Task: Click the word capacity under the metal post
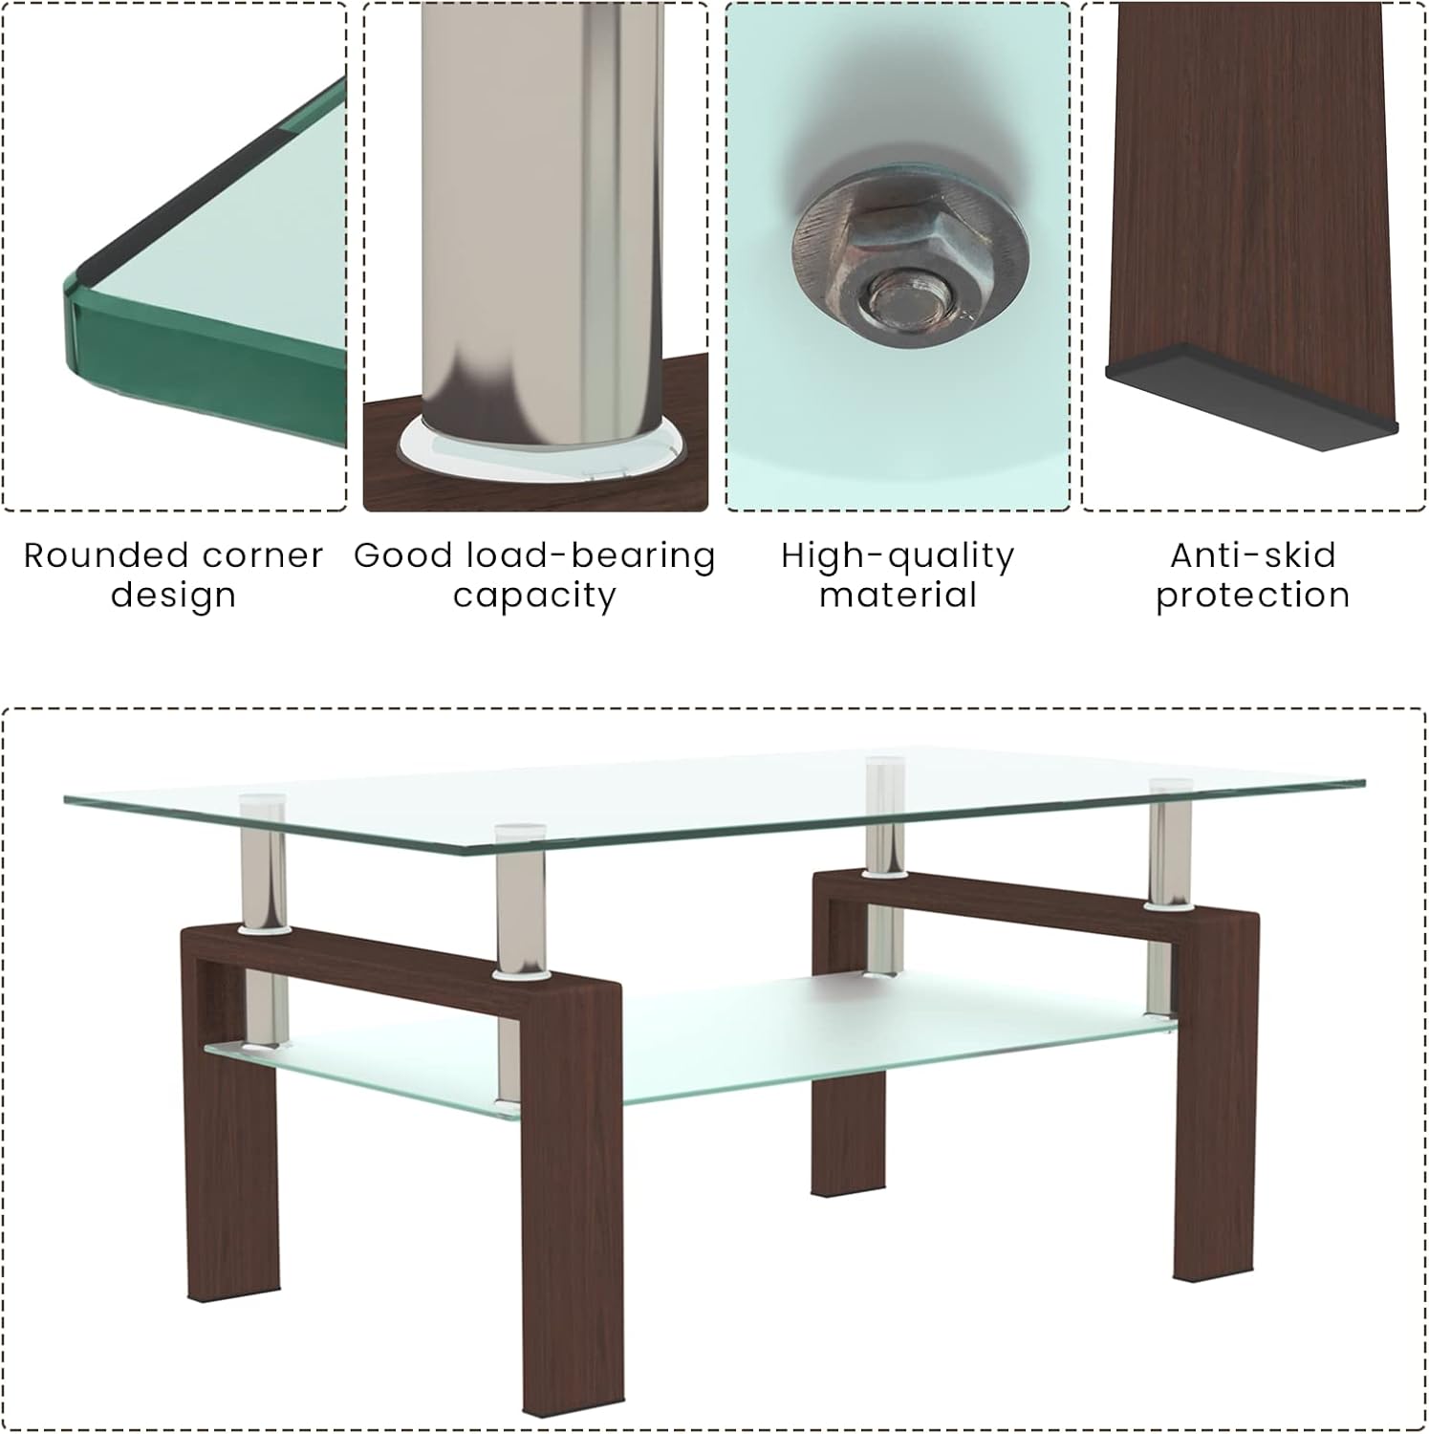pyautogui.click(x=534, y=596)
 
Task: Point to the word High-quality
pyautogui.click(x=898, y=555)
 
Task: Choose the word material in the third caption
pyautogui.click(x=898, y=596)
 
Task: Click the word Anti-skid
pyautogui.click(x=1252, y=555)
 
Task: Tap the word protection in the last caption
pyautogui.click(x=1252, y=596)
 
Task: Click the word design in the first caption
pyautogui.click(x=173, y=596)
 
